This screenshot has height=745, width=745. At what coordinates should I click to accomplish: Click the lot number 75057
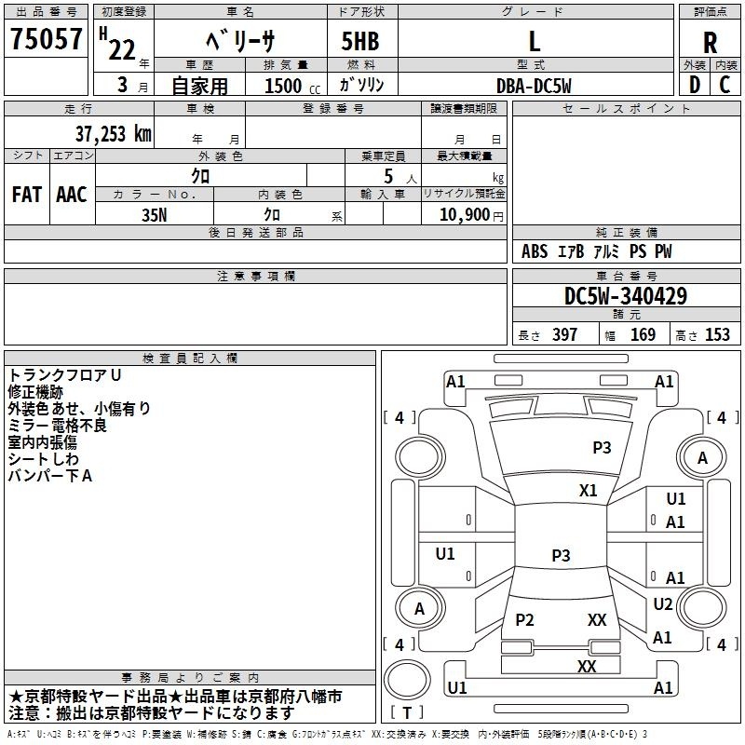46,39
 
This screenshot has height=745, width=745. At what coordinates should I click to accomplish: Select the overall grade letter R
710,43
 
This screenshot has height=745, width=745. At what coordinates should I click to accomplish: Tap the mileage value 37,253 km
113,134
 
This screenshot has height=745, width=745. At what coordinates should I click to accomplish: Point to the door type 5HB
360,41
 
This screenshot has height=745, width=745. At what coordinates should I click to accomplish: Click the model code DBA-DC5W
534,86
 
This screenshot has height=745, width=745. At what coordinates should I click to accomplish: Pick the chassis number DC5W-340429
625,296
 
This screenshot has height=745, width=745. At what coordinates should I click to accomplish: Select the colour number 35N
155,215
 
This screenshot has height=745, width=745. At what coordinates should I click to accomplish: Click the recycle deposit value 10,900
464,215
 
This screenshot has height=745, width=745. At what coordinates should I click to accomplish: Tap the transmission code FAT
27,195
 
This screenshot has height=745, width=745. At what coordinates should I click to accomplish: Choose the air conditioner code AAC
72,195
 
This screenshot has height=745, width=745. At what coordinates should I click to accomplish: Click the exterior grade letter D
695,85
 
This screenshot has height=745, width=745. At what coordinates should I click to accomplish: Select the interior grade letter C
725,85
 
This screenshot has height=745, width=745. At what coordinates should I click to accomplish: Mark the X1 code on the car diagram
588,491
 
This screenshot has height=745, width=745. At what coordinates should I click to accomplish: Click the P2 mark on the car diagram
524,619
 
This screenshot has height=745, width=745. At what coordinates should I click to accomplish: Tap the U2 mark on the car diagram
663,604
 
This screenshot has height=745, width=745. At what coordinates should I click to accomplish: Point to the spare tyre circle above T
407,680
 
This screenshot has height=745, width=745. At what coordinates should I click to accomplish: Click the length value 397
564,334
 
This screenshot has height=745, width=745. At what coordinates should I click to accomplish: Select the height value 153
717,334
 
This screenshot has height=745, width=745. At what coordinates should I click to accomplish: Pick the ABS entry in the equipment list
535,251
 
